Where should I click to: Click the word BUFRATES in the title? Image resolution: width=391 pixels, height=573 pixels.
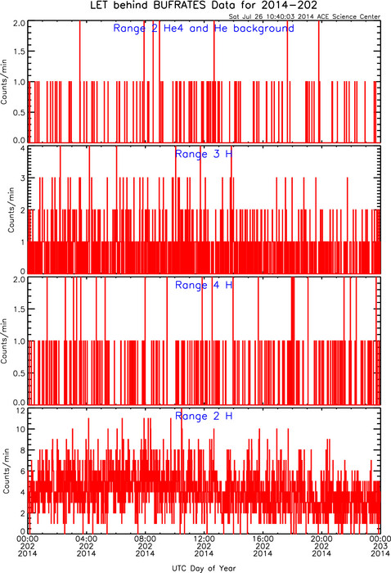coord(178,6)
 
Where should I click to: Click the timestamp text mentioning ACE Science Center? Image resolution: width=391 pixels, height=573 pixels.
coord(304,16)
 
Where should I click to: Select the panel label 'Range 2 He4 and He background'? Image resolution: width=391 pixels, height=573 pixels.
coord(204,28)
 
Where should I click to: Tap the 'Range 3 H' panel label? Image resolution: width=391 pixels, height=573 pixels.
coord(204,154)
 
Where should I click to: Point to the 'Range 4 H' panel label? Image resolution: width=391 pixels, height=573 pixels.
coord(204,285)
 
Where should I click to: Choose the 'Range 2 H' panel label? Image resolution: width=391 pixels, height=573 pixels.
coord(204,416)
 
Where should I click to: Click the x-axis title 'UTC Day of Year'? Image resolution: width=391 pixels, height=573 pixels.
coord(204,568)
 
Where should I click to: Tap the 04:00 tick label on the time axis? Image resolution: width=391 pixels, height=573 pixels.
coord(86,539)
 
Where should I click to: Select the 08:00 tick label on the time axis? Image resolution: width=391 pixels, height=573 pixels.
coord(145,539)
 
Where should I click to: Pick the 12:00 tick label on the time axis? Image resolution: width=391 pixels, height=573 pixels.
coord(204,539)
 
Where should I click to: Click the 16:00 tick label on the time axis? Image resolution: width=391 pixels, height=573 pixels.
coord(263,539)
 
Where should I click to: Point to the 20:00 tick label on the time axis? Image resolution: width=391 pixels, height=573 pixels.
coord(321,539)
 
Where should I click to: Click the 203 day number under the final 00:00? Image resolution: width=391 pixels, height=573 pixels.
coord(380,546)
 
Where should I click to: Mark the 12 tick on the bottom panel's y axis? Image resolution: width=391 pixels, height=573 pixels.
coord(20,411)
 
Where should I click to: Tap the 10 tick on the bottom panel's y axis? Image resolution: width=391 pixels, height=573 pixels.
coord(20,430)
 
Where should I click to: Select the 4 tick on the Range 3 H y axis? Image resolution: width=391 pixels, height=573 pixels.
coord(23,149)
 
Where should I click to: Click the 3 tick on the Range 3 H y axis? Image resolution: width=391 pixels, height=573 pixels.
coord(23,178)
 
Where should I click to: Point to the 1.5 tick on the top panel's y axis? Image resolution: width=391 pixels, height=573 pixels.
coord(20,52)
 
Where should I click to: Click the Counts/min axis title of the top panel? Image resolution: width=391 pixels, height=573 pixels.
coord(4,82)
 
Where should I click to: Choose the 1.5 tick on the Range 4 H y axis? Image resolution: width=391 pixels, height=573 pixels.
coord(20,309)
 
